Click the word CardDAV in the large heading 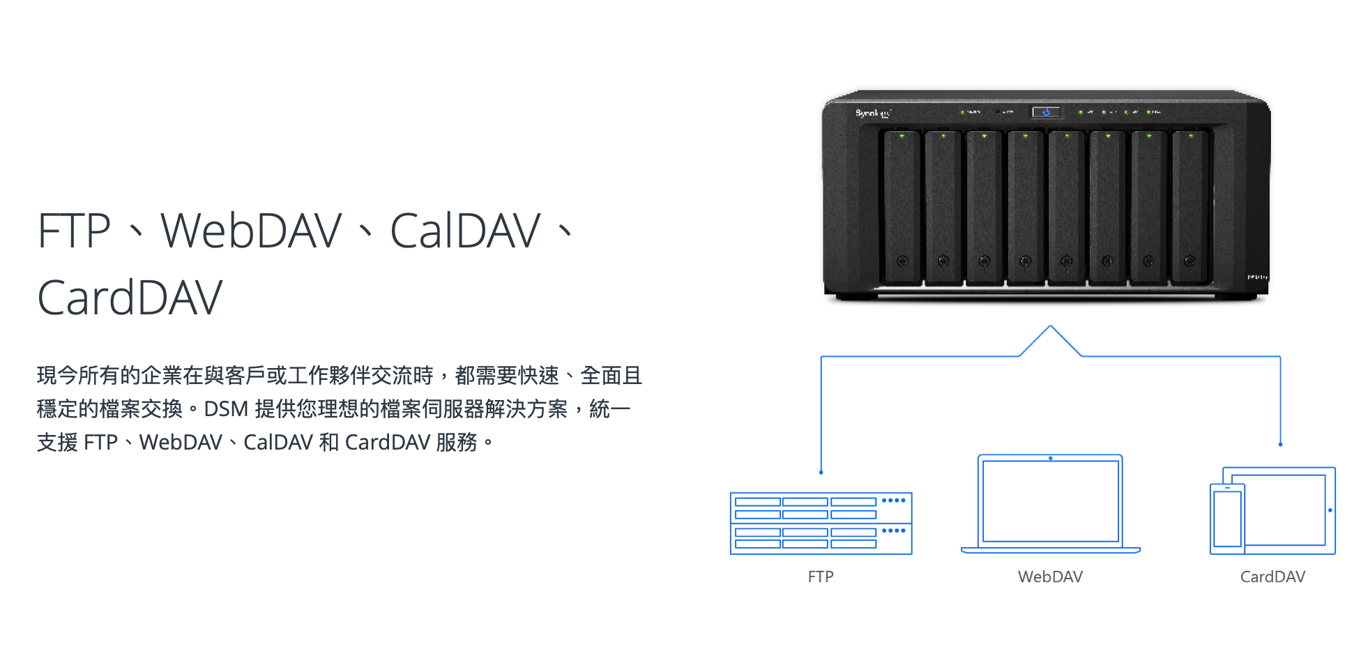[130, 298]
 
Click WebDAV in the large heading [251, 231]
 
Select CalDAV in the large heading [465, 231]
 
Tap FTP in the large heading [74, 231]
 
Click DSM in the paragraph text [226, 409]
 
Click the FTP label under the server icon [821, 576]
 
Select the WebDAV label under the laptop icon [1050, 576]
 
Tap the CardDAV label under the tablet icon [1272, 576]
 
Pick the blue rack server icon [821, 523]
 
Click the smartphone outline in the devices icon [1227, 518]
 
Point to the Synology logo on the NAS [873, 113]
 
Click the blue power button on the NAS [1046, 112]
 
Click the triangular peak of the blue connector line [1050, 326]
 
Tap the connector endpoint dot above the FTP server [821, 473]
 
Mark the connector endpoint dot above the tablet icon [1280, 444]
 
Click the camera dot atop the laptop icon [1050, 459]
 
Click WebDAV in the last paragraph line [181, 443]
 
